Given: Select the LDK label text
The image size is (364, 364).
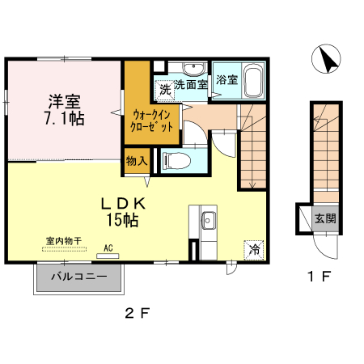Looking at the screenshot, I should pyautogui.click(x=122, y=202).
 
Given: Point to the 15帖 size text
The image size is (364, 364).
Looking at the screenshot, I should pyautogui.click(x=122, y=219).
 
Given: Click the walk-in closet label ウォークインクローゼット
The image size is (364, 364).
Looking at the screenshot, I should pyautogui.click(x=149, y=121).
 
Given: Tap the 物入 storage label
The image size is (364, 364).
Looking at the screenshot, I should pyautogui.click(x=136, y=160).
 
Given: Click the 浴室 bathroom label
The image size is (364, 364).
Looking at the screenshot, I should pyautogui.click(x=227, y=79).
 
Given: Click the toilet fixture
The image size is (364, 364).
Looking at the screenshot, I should pyautogui.click(x=179, y=159).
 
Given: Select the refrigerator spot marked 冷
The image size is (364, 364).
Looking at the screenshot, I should pyautogui.click(x=254, y=251).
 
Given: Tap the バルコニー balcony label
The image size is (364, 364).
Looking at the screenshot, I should pyautogui.click(x=79, y=277).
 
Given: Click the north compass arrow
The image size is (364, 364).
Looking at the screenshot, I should pyautogui.click(x=328, y=59).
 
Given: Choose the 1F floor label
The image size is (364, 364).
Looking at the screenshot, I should pyautogui.click(x=319, y=277).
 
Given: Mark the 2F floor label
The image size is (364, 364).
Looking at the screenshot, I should pyautogui.click(x=138, y=312).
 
